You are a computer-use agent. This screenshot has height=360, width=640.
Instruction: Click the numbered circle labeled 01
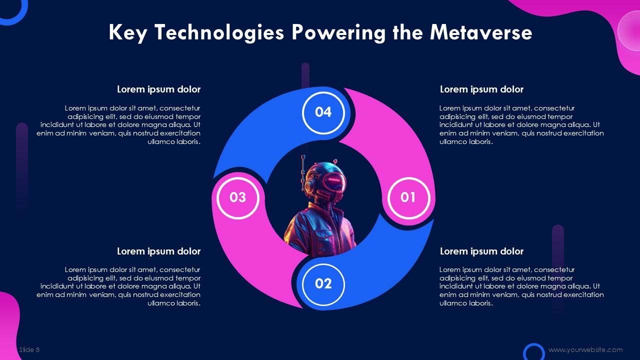[x=408, y=198]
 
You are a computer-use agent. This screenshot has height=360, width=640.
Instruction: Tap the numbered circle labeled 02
[x=323, y=284]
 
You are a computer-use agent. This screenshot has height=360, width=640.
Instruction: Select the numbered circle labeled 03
[x=237, y=198]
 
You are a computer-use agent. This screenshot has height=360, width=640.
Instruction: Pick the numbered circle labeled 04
[x=323, y=113]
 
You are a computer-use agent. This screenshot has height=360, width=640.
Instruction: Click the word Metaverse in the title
[x=481, y=32]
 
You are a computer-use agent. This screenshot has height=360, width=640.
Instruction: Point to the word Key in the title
[x=128, y=33]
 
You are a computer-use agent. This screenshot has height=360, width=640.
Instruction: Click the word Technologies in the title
[x=219, y=33]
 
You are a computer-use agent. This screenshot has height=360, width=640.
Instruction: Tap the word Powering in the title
[x=338, y=33]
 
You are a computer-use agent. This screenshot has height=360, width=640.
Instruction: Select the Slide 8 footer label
[x=29, y=349]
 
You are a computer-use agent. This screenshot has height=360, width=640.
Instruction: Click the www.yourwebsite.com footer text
[x=585, y=349]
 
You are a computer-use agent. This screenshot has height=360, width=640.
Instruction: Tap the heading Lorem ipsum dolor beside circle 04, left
[x=158, y=89]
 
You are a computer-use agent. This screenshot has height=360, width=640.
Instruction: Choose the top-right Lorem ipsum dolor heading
[x=481, y=89]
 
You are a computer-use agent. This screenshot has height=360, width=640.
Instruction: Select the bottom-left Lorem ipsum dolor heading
[x=158, y=251]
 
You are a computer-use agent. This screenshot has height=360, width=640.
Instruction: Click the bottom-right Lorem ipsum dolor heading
[x=481, y=251]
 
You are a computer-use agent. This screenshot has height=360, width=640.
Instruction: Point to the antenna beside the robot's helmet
[x=303, y=173]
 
